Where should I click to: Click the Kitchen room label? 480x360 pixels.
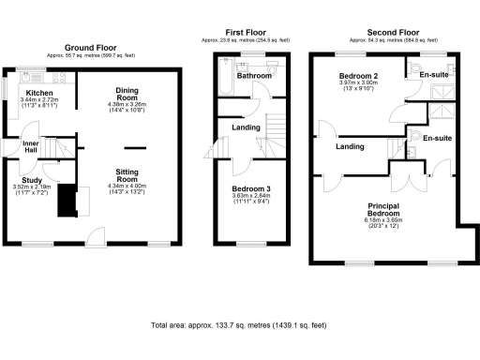[x=39, y=93]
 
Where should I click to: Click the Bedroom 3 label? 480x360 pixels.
[x=249, y=188]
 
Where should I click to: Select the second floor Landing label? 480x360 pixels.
[x=350, y=146]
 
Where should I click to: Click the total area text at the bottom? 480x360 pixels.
[x=238, y=325]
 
